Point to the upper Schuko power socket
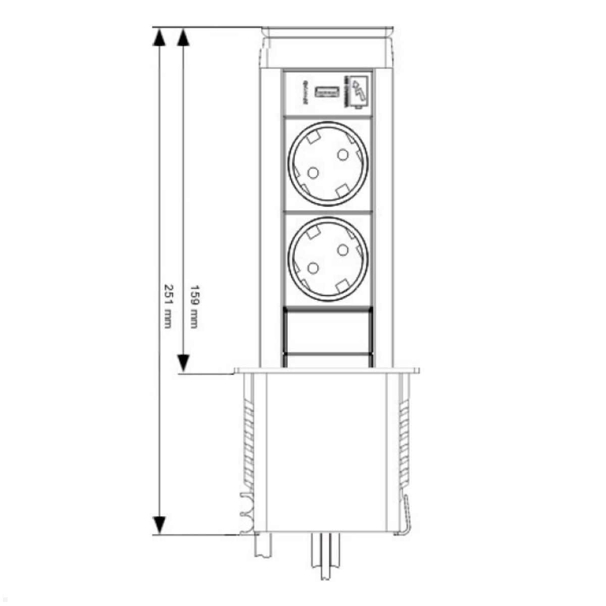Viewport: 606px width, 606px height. (328, 164)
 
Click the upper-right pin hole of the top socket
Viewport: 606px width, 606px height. (343, 154)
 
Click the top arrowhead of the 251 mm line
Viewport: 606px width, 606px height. (160, 36)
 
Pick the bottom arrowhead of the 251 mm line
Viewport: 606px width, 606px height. (160, 525)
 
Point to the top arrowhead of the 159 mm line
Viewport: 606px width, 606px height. (183, 36)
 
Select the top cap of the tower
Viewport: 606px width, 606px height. (327, 48)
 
